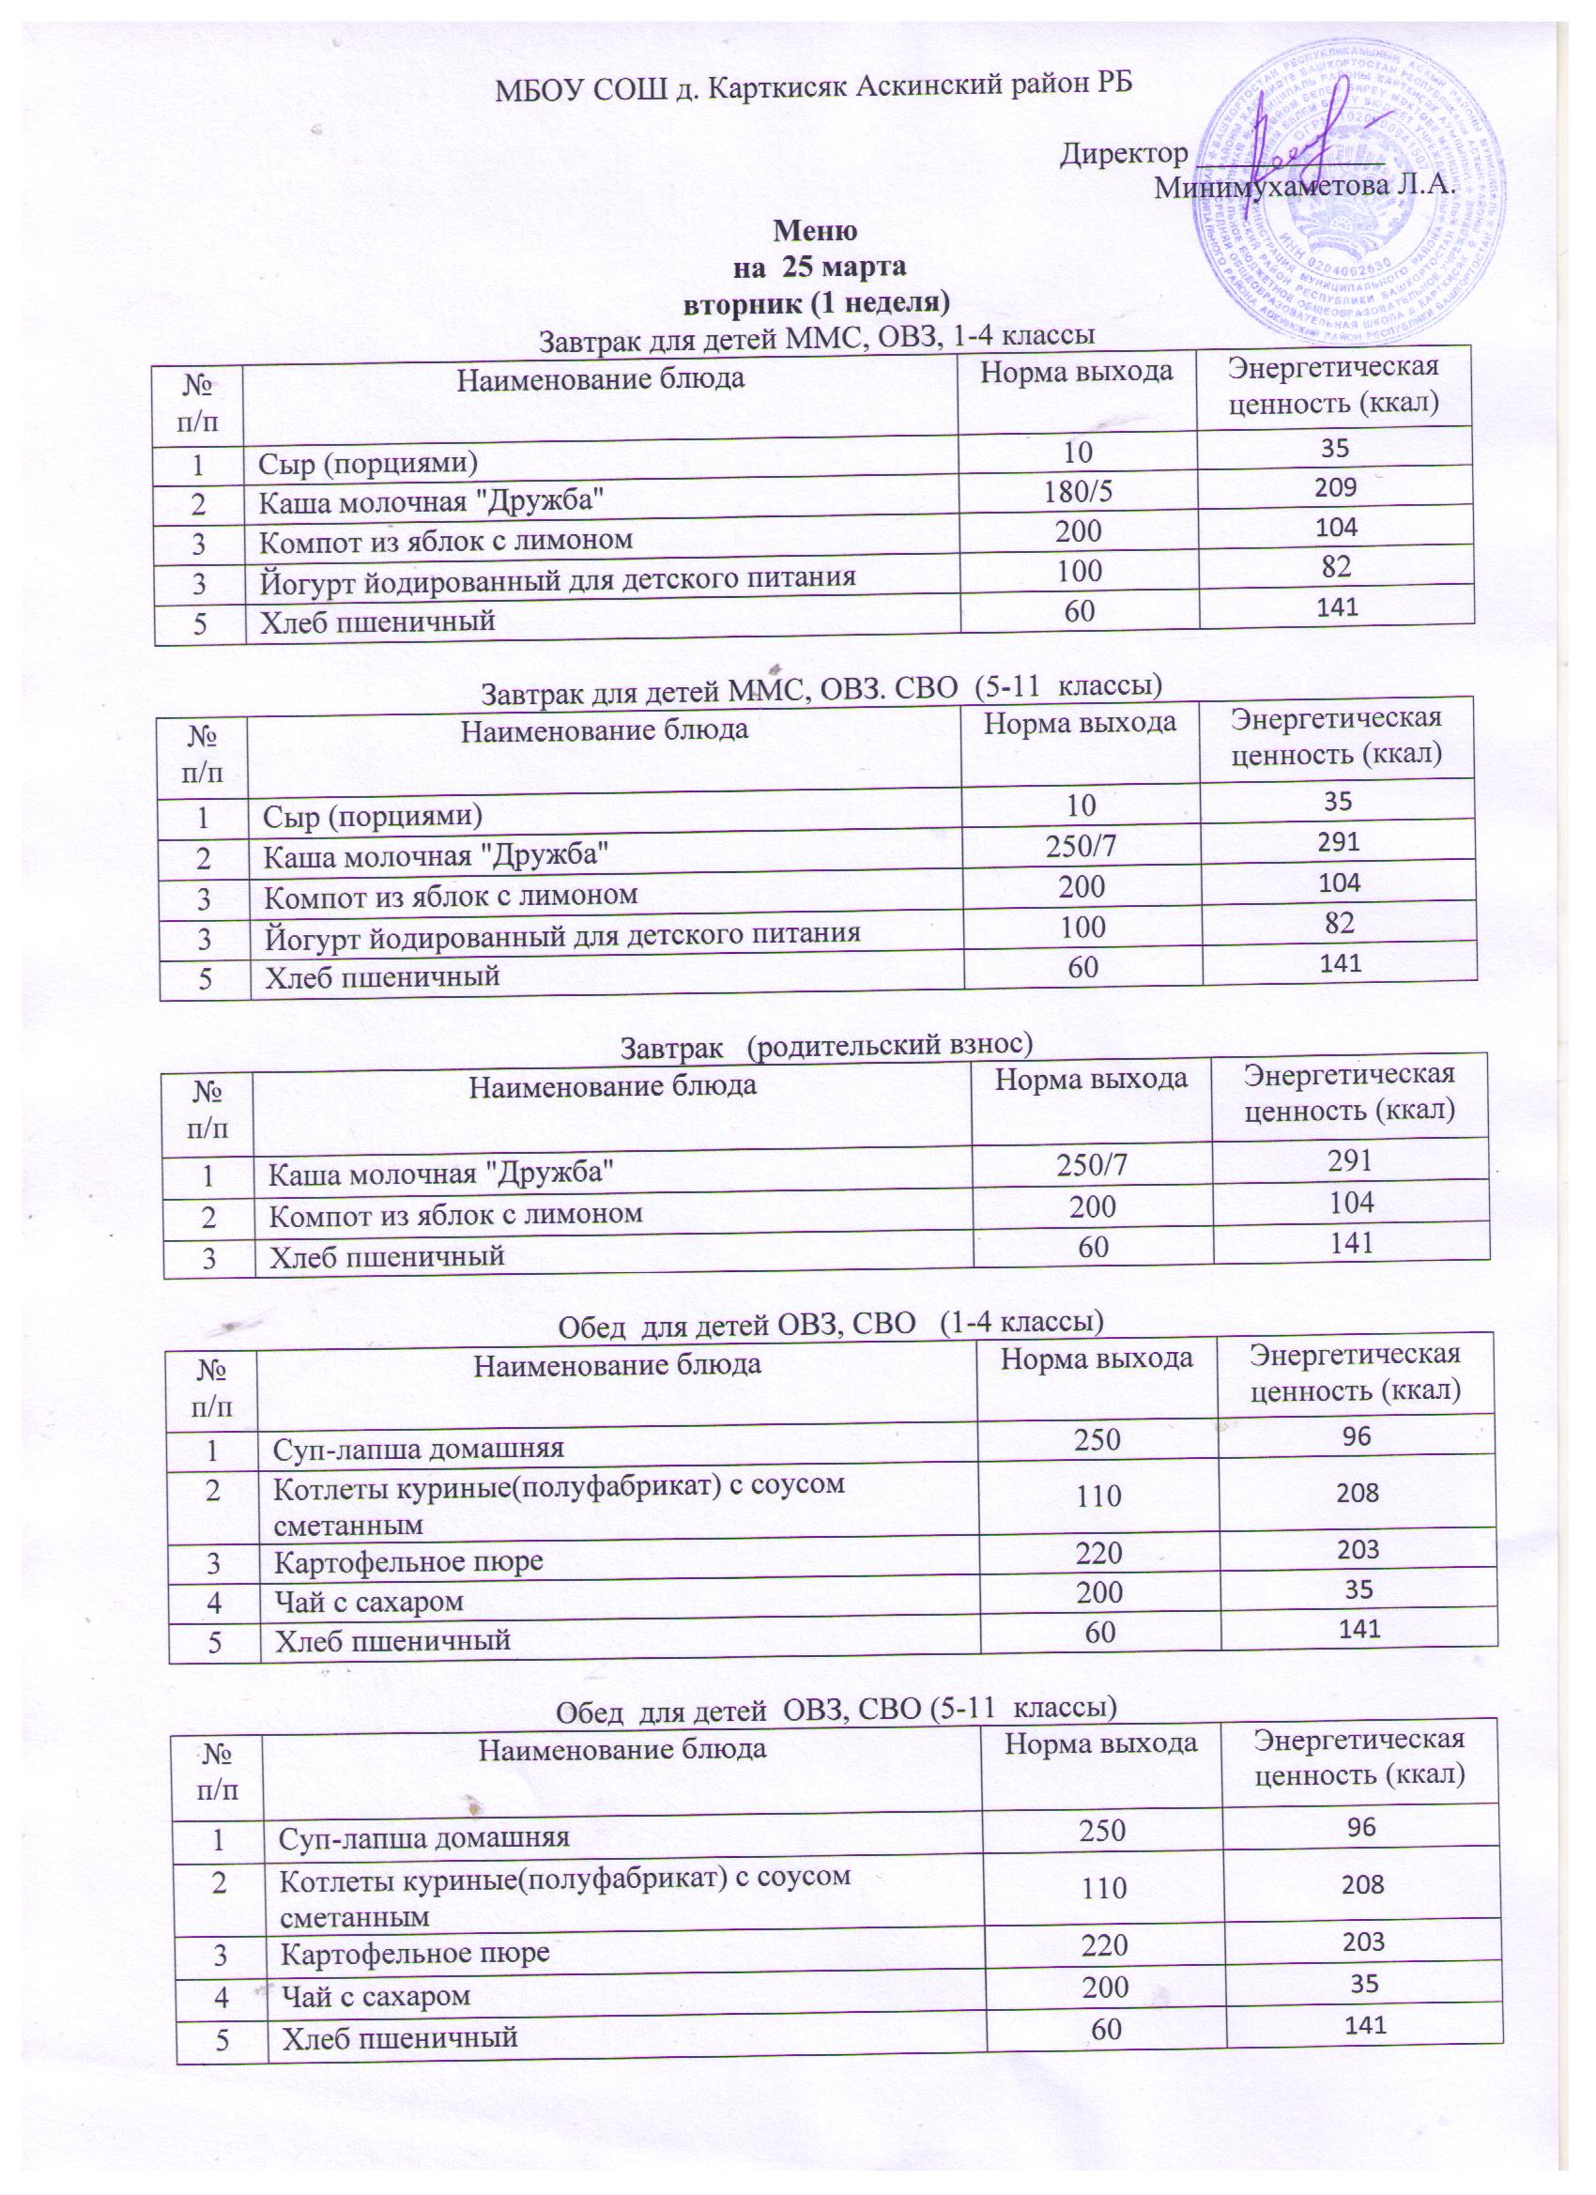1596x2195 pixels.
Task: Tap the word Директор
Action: click(1124, 154)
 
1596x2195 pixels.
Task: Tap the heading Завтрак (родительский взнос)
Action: click(825, 1045)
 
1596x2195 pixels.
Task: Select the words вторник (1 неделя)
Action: click(815, 302)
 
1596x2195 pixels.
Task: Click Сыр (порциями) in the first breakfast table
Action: click(369, 463)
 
